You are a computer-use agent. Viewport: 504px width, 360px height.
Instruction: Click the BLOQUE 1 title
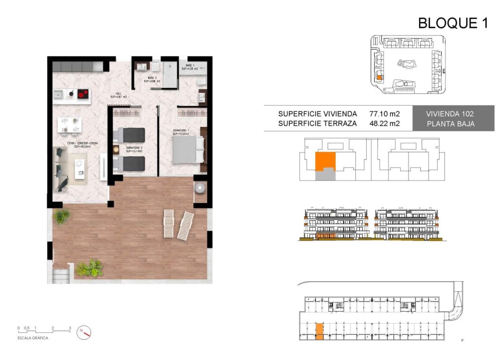tap(453, 23)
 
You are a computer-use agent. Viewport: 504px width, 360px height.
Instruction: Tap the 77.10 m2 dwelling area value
tap(384, 114)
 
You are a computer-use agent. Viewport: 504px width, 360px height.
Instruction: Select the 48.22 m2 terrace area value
tap(384, 123)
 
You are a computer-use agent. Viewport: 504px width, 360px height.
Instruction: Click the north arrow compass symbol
tap(85, 333)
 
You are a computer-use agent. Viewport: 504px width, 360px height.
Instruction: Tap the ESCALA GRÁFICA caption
tap(33, 338)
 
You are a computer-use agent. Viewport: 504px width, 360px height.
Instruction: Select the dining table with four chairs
tap(68, 124)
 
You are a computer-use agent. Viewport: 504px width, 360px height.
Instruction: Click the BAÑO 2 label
tap(153, 80)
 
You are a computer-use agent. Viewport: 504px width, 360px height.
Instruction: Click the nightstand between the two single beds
tap(117, 149)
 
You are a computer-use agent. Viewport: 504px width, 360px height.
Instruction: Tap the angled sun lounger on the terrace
tap(186, 225)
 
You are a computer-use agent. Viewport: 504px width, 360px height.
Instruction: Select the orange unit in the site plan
tap(379, 77)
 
